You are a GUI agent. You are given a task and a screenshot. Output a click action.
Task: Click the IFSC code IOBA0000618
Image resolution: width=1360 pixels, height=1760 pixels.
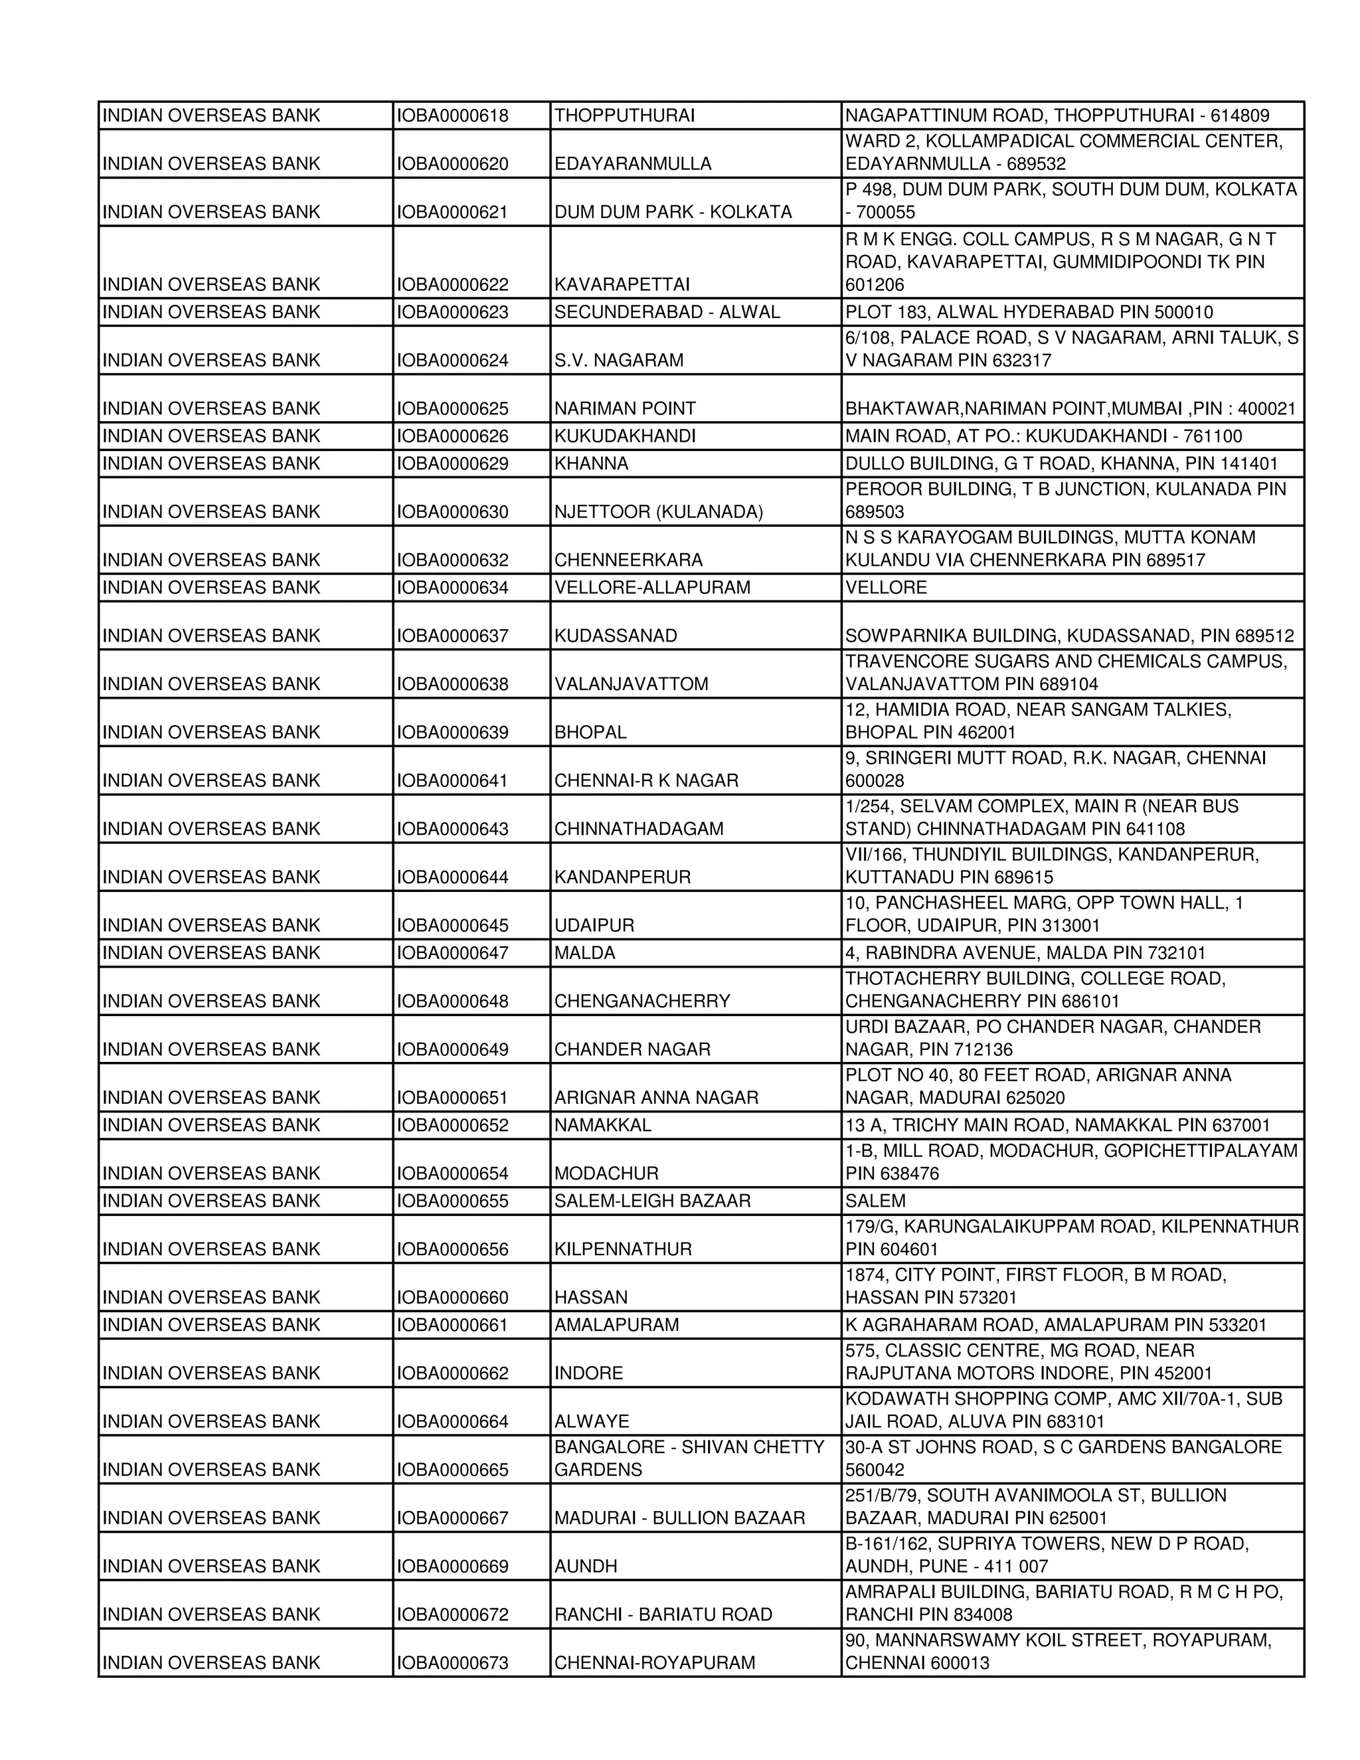[x=452, y=116]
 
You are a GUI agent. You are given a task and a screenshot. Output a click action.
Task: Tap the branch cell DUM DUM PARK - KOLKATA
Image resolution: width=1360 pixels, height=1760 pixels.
[x=673, y=212]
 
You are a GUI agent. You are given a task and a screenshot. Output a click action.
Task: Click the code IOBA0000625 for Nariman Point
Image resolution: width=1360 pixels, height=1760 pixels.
[x=452, y=408]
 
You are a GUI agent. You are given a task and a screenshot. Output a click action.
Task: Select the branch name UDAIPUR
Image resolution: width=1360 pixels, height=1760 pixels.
[x=594, y=925]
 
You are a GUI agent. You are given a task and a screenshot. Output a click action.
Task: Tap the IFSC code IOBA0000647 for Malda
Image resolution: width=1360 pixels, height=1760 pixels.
[x=452, y=952]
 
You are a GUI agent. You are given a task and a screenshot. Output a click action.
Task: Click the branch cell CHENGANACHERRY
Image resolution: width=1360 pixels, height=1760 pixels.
[x=641, y=1001]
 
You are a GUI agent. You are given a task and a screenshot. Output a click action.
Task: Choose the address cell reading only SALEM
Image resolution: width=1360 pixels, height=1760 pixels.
[x=875, y=1201]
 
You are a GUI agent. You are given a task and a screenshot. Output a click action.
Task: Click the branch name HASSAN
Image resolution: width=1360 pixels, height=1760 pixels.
[x=590, y=1298]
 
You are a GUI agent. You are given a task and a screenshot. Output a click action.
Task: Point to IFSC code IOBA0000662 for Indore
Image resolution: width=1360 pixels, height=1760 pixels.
[x=452, y=1373]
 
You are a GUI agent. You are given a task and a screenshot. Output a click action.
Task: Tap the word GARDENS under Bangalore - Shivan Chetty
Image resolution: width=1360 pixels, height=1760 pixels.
[x=598, y=1470]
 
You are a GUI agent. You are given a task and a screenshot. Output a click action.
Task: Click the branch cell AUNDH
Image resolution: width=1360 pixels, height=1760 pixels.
[x=585, y=1566]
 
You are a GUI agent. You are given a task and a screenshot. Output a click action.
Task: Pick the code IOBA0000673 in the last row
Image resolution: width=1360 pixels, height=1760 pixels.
[x=452, y=1662]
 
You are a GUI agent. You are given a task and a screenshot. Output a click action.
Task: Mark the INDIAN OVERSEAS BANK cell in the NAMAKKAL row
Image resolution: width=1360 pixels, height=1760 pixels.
[x=211, y=1125]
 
